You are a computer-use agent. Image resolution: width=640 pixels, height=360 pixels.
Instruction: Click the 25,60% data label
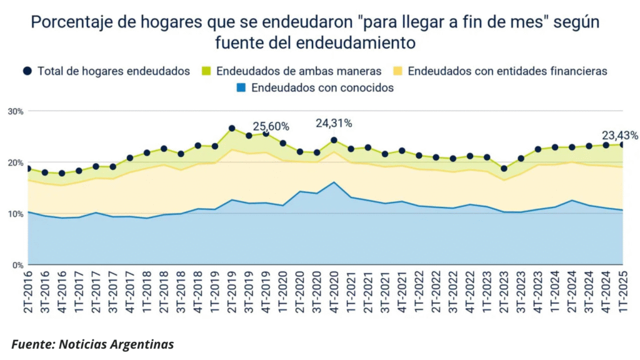point(271,126)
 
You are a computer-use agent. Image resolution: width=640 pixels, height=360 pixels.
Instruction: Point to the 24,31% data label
point(334,123)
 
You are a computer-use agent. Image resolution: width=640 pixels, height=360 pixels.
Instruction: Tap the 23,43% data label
point(619,135)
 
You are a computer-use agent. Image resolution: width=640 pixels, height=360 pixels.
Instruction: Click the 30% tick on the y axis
point(16,111)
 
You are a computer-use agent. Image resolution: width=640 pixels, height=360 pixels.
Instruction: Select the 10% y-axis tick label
point(16,214)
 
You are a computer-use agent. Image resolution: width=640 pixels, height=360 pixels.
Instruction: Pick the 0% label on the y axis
point(17,265)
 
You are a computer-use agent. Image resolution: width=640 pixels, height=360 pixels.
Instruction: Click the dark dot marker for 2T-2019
point(232,129)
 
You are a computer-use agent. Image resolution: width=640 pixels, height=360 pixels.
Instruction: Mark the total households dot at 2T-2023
point(504,168)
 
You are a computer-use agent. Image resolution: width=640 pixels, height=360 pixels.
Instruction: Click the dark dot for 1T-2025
point(622,144)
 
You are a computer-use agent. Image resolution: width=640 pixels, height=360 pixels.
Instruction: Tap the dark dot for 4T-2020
point(334,140)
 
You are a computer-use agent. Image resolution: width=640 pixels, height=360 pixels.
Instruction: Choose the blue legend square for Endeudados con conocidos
point(242,88)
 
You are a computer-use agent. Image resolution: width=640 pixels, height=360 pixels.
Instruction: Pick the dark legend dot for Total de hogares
point(28,71)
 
